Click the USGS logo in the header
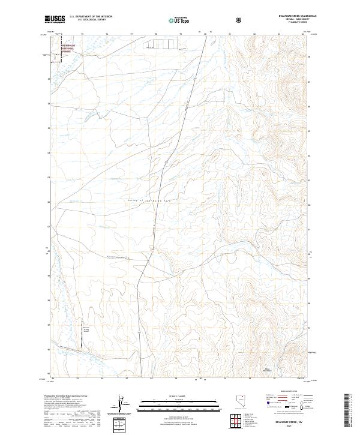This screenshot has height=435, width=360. click(x=55, y=19)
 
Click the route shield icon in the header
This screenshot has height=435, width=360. click(x=239, y=20)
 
